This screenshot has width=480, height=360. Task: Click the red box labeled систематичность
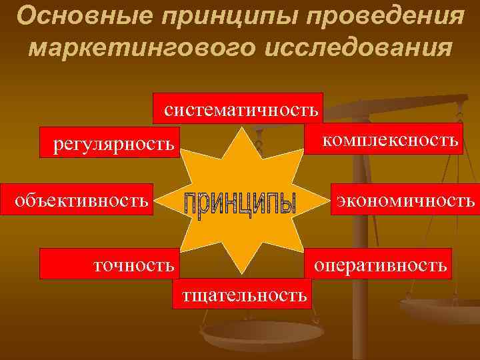point(239,108)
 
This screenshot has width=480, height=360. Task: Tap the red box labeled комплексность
point(383,139)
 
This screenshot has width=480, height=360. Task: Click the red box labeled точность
point(108,264)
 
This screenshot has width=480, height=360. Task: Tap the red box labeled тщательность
point(241,294)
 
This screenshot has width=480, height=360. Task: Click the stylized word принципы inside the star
point(239,204)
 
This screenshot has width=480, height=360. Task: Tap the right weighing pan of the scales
point(440,309)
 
